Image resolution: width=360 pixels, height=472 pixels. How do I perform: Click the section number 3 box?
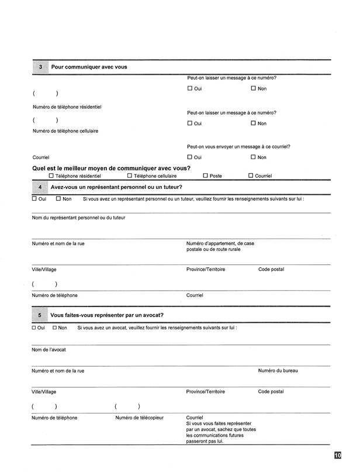click(x=40, y=67)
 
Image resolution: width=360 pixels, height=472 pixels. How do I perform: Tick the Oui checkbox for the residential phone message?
click(x=190, y=88)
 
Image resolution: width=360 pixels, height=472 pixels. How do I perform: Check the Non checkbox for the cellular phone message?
click(x=254, y=123)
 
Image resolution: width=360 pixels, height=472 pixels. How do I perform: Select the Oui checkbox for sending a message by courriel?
click(x=190, y=157)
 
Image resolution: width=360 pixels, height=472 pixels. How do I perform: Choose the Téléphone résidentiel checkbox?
click(x=51, y=175)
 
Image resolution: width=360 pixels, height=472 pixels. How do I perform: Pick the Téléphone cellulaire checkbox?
click(x=129, y=175)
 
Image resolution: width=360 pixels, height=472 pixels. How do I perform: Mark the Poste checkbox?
click(x=205, y=175)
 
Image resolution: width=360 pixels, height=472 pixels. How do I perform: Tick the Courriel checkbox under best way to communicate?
click(x=251, y=175)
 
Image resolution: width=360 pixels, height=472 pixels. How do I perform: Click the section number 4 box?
click(x=40, y=187)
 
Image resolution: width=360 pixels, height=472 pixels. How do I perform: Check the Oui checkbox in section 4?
click(x=34, y=198)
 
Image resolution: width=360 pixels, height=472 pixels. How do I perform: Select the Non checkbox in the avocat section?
click(x=54, y=328)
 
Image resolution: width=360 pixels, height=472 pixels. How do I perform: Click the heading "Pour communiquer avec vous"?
click(x=89, y=67)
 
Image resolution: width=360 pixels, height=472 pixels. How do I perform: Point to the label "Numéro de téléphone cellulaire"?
click(x=65, y=131)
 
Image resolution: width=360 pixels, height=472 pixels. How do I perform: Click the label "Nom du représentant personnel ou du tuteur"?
click(x=78, y=218)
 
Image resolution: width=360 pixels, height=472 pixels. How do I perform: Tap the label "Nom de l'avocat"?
click(x=49, y=349)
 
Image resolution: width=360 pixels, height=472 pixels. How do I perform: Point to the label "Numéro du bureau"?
click(x=278, y=370)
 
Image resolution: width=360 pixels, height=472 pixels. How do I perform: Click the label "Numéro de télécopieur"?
click(x=139, y=418)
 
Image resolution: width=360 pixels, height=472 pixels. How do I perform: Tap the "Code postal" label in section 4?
click(x=271, y=269)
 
